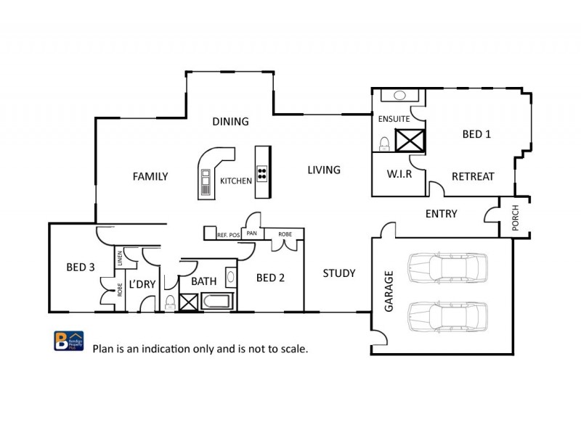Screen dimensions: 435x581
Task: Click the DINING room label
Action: point(230,122)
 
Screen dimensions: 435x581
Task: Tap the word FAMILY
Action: point(150,176)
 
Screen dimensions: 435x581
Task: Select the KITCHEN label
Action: point(236,181)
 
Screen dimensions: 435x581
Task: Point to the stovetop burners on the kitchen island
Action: point(261,173)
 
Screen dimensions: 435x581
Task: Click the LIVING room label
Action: point(323,170)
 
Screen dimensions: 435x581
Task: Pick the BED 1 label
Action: point(476,134)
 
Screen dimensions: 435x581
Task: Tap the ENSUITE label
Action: point(394,118)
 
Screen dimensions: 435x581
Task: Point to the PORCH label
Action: point(516,218)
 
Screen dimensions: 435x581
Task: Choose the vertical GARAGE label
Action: point(389,291)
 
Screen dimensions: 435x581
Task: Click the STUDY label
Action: point(339,273)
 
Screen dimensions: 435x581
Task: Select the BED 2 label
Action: point(270,278)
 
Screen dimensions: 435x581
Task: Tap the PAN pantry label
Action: point(252,233)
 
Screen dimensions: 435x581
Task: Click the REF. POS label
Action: point(229,235)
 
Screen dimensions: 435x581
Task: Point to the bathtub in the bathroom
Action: point(217,302)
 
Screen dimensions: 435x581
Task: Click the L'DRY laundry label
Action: point(142,284)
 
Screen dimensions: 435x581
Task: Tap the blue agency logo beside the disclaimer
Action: point(64,341)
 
